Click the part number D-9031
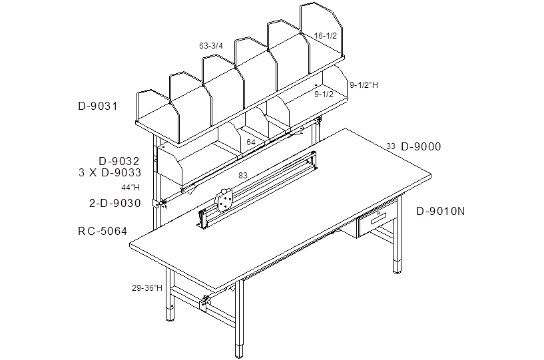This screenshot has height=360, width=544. pos(98,106)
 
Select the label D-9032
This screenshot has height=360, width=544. pos(119,161)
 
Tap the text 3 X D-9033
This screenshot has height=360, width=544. pos(110,172)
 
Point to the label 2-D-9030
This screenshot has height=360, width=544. pos(115,203)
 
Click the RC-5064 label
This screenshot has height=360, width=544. pos(103,231)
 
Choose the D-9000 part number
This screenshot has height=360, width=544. pos(421,146)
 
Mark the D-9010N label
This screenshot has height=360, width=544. pos(440,211)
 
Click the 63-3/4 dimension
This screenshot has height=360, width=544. pos(211,46)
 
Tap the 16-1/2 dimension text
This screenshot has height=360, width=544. pos(326,36)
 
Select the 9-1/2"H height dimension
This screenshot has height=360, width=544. pos(364,85)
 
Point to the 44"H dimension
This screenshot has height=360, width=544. pos(131,188)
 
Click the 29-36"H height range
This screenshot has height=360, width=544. pos(147,288)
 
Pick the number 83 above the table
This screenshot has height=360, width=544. pos(243,176)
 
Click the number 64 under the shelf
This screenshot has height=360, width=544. pos(251,142)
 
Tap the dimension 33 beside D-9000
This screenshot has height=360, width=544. pos(391,146)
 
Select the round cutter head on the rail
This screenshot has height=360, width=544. pos(224,201)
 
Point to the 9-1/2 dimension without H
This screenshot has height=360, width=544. pos(324,94)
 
